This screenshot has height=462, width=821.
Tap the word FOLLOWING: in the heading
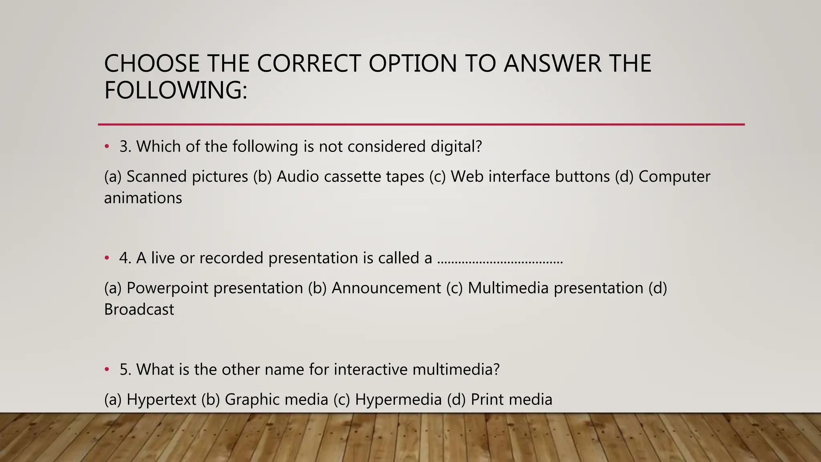tap(176, 90)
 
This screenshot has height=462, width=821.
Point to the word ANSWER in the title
tap(553, 63)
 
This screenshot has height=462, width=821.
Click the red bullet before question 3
tap(107, 147)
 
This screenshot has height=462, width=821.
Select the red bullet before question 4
tap(107, 258)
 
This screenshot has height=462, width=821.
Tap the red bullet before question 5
tap(107, 370)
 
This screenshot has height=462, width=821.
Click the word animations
tap(143, 198)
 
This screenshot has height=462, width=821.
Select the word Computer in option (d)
tap(674, 177)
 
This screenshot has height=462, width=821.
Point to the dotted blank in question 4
tap(500, 261)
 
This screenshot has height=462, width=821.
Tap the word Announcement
tap(386, 288)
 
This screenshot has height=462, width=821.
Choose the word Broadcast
tap(139, 310)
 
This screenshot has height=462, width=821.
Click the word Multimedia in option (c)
tap(508, 288)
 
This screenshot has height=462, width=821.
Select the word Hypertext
tap(161, 400)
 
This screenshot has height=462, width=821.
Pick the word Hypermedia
tap(398, 400)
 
